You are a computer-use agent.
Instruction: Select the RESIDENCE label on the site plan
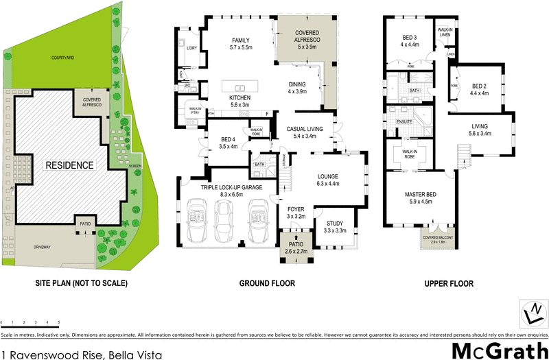point(69,165)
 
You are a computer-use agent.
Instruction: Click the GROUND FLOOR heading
point(267,283)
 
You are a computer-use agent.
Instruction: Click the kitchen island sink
point(241,88)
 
